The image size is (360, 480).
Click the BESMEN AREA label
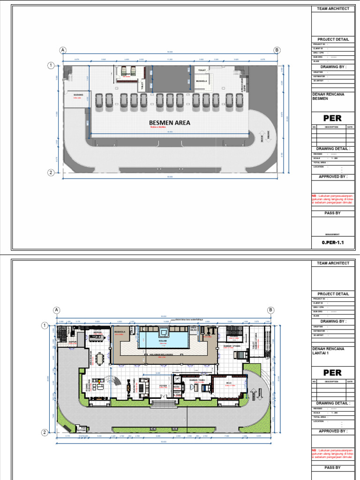[170, 123]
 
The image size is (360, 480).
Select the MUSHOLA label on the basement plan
[202, 81]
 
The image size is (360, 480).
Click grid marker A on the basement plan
[62, 50]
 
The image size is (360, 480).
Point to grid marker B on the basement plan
[277, 50]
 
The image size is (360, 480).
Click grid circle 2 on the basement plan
[51, 172]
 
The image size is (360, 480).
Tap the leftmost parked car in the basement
[99, 100]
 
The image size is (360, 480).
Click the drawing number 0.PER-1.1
[333, 243]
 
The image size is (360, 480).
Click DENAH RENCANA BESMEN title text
[328, 97]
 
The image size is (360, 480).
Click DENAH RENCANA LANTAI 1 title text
[328, 351]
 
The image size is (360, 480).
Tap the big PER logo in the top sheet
[333, 118]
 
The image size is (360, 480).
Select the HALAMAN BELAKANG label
[165, 355]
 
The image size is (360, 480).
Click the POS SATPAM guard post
[82, 428]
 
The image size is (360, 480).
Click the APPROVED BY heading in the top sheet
[333, 177]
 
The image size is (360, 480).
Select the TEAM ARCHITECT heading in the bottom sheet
[333, 263]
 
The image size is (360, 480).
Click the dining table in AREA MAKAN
[99, 359]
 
